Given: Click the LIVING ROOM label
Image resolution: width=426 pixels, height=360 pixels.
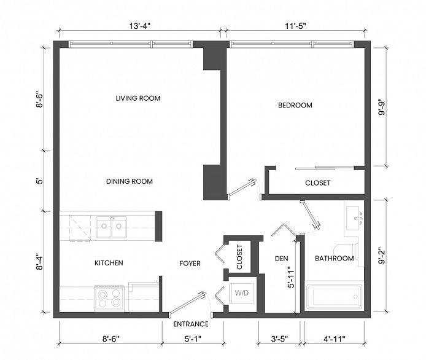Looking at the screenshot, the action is pyautogui.click(x=138, y=98).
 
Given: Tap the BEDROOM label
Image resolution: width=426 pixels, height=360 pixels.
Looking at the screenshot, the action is pyautogui.click(x=295, y=105).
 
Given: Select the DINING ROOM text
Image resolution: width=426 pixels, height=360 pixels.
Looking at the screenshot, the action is pyautogui.click(x=130, y=181).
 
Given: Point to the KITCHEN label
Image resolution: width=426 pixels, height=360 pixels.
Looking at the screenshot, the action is pyautogui.click(x=109, y=263).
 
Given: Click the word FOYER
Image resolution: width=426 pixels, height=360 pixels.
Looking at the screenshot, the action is pyautogui.click(x=190, y=264).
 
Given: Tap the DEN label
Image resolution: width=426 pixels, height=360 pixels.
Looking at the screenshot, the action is pyautogui.click(x=282, y=259).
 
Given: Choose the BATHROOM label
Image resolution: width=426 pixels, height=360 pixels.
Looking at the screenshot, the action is pyautogui.click(x=334, y=258).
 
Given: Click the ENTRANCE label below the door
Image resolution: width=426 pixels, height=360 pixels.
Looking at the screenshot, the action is pyautogui.click(x=191, y=324).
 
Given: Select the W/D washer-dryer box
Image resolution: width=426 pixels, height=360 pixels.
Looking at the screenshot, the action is pyautogui.click(x=241, y=294).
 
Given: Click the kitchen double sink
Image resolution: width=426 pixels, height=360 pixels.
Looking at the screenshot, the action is pyautogui.click(x=111, y=227).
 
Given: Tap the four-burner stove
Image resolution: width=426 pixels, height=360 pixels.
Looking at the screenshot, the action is pyautogui.click(x=109, y=299).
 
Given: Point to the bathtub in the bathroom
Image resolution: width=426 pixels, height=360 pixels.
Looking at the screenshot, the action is pyautogui.click(x=334, y=297).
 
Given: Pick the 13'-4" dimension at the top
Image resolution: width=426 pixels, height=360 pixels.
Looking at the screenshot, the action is pyautogui.click(x=139, y=26).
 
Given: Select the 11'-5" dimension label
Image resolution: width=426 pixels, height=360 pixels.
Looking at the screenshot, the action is pyautogui.click(x=295, y=26).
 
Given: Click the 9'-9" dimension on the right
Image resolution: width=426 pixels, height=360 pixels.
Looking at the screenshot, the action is pyautogui.click(x=382, y=109).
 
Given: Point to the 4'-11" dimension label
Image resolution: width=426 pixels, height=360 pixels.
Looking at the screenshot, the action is pyautogui.click(x=334, y=339).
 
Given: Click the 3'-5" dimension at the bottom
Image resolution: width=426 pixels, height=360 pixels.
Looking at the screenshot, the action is pyautogui.click(x=279, y=339).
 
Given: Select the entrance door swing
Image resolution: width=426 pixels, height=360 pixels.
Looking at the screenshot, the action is pyautogui.click(x=187, y=303).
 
